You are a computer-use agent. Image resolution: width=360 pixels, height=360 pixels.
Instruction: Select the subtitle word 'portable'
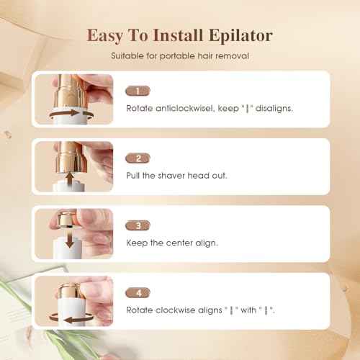point(180,55)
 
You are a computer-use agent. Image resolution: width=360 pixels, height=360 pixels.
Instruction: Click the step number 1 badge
point(137,91)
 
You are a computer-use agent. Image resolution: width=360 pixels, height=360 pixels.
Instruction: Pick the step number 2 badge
point(137,158)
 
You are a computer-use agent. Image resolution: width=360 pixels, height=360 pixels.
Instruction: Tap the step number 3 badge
point(137,225)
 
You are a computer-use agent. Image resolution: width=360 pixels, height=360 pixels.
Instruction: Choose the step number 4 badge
point(137,293)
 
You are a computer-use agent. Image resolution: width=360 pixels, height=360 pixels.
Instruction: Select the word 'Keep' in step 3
point(137,242)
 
